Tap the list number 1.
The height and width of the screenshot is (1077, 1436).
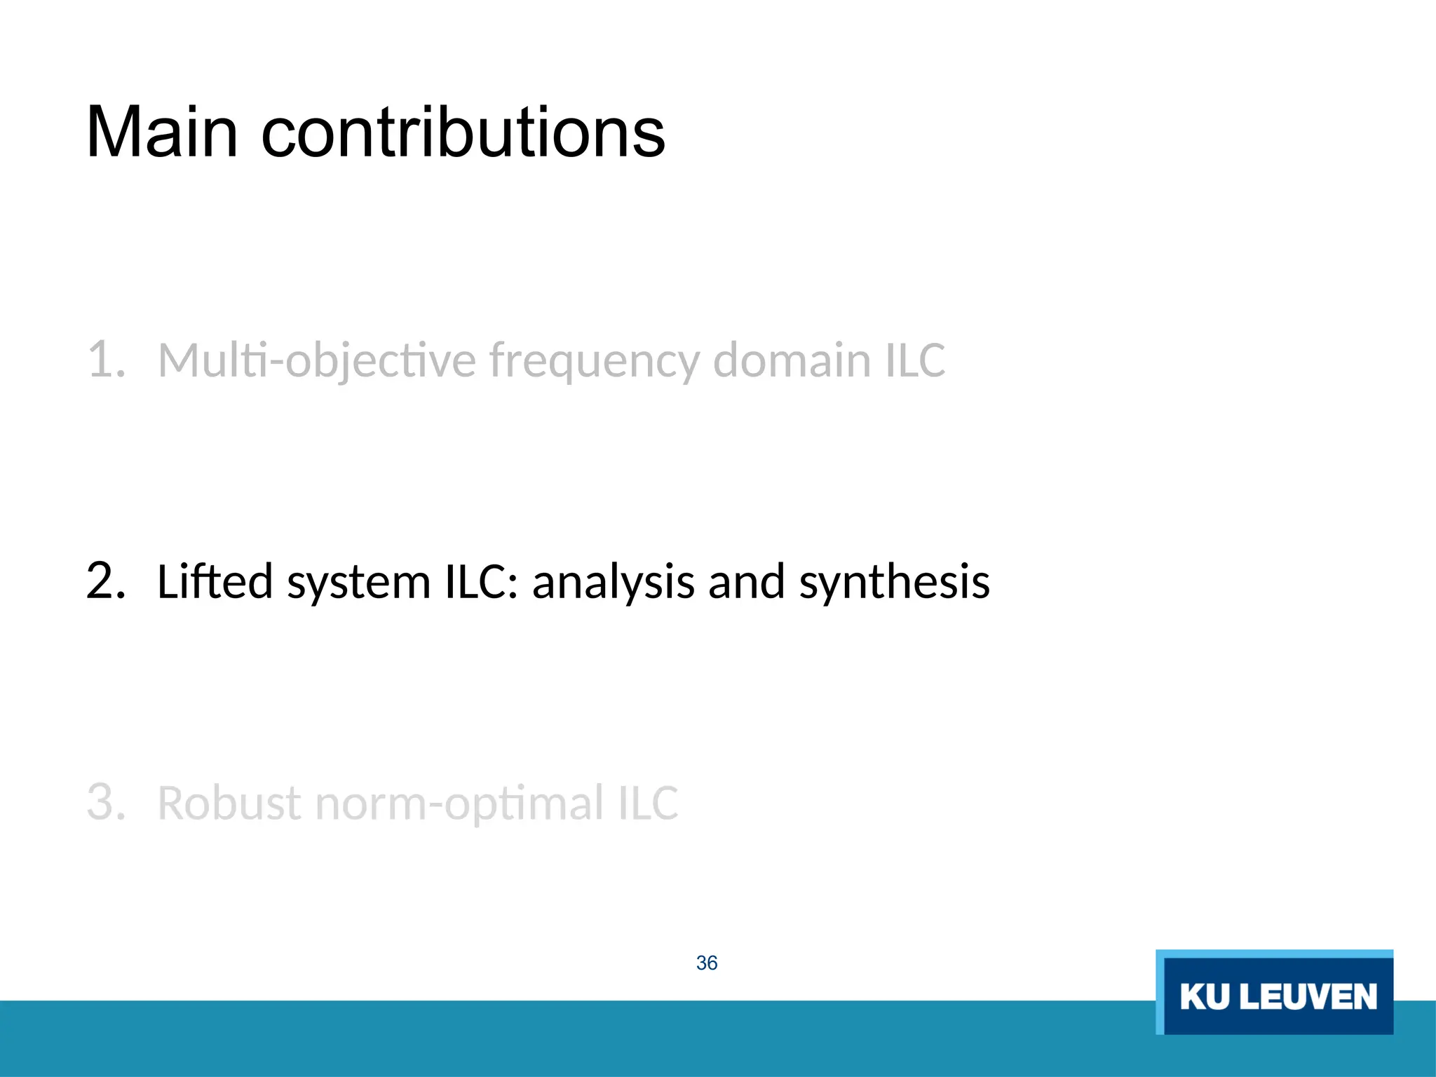(x=105, y=359)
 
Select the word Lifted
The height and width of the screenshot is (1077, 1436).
(x=215, y=581)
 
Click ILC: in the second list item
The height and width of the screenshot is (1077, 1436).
(x=482, y=581)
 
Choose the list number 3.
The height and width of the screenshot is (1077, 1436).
(x=105, y=802)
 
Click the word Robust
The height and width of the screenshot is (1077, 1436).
(x=230, y=803)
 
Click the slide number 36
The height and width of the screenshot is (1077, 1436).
(x=707, y=963)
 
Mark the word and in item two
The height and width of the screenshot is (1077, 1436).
(x=746, y=581)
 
